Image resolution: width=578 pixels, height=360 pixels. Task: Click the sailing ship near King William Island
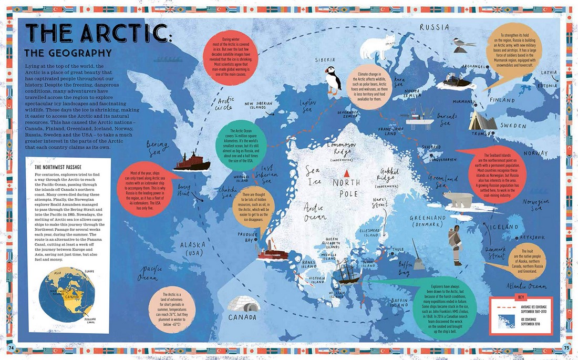347,271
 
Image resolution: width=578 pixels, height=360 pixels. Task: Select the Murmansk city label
464,101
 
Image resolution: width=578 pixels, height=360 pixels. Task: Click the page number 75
565,346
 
